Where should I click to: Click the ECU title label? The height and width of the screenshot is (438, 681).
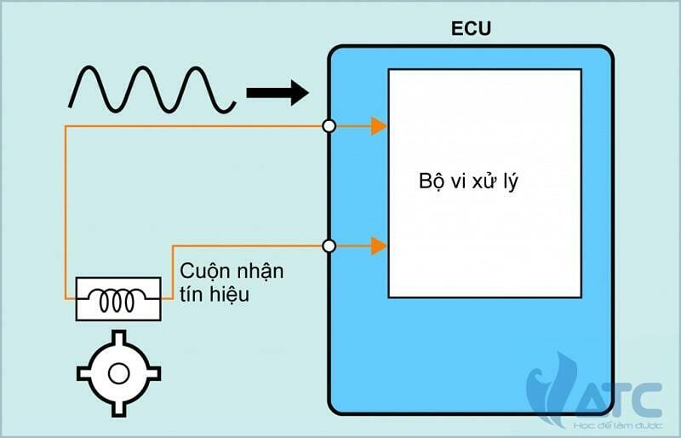[471, 29]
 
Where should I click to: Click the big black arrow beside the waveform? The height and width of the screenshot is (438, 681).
[277, 91]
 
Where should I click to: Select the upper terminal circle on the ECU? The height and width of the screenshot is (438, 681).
[329, 127]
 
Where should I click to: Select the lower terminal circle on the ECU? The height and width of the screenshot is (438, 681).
[329, 246]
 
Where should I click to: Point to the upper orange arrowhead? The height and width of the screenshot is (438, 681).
[379, 127]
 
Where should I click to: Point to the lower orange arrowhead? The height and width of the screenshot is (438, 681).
[379, 246]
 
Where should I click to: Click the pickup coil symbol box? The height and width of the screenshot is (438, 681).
[118, 298]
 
